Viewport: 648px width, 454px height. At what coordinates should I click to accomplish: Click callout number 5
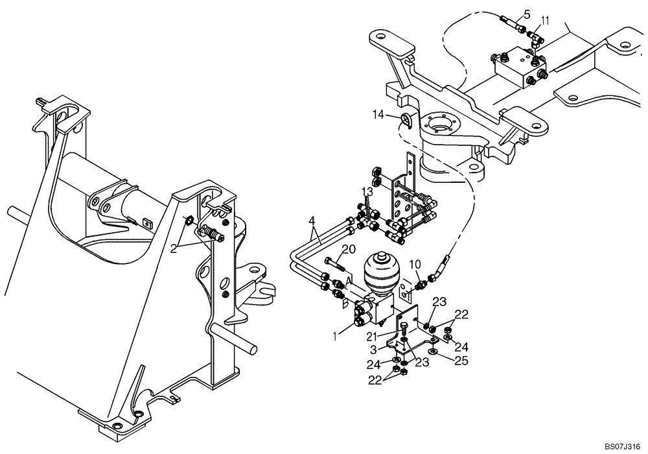click(526, 14)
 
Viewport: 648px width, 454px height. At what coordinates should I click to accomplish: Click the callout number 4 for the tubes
click(314, 221)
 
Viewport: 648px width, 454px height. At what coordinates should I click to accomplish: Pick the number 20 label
click(348, 249)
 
